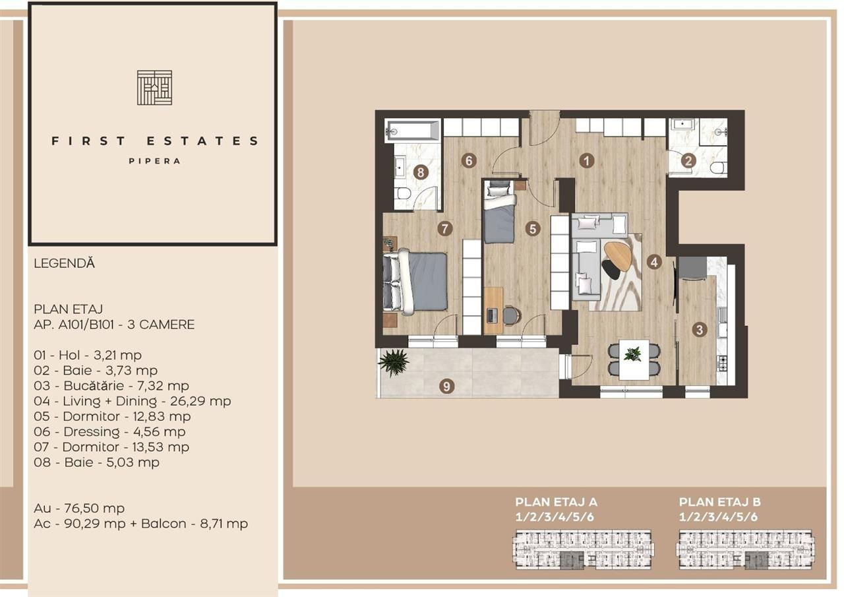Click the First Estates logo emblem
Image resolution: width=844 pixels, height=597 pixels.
tap(154, 87)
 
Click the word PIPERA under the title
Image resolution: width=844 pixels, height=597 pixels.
tap(154, 160)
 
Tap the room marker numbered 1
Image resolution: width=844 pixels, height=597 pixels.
tap(585, 160)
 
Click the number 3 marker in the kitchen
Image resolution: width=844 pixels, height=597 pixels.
tap(700, 330)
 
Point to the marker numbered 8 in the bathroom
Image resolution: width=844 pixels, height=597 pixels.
tap(421, 172)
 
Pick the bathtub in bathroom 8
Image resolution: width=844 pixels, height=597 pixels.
tap(413, 130)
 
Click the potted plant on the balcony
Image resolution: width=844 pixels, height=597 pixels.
tap(394, 363)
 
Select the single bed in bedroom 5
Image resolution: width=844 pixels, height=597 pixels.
tap(498, 212)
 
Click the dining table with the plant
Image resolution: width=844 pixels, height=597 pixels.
tap(633, 360)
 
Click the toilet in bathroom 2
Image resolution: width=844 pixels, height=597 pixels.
tap(717, 168)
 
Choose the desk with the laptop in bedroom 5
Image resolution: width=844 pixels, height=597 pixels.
tap(493, 310)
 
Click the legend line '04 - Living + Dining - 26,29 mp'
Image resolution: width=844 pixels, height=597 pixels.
tap(133, 401)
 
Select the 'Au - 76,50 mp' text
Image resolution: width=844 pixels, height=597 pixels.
tap(79, 509)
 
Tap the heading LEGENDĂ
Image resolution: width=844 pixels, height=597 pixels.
tap(64, 263)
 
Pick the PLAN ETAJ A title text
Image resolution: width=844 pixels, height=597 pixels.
tap(556, 502)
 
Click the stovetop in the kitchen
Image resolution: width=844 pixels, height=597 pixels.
tap(721, 362)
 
